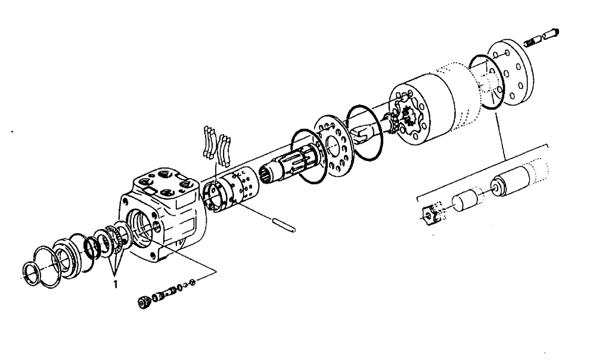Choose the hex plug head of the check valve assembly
coord(143,302)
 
